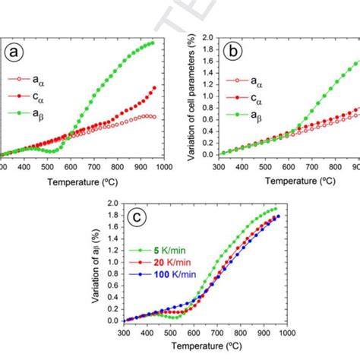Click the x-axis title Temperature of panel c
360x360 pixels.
point(195,353)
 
